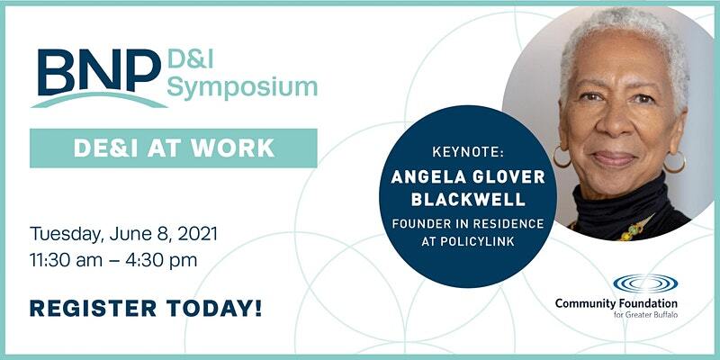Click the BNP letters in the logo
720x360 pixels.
pyautogui.click(x=99, y=71)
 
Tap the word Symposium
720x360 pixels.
pyautogui.click(x=242, y=88)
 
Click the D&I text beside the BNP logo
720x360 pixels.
pyautogui.click(x=191, y=59)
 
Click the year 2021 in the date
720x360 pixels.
pyautogui.click(x=197, y=234)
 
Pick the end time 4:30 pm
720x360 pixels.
pyautogui.click(x=169, y=261)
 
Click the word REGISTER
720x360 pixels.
pyautogui.click(x=93, y=308)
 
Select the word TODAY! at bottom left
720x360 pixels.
pyautogui.click(x=214, y=308)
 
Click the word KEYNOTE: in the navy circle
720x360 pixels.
pyautogui.click(x=468, y=153)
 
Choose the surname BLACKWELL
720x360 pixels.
pyautogui.click(x=468, y=200)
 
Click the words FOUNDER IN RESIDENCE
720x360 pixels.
pyautogui.click(x=468, y=224)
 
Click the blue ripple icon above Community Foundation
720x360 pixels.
pyautogui.click(x=645, y=283)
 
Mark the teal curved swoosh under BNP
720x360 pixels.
pyautogui.click(x=99, y=99)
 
